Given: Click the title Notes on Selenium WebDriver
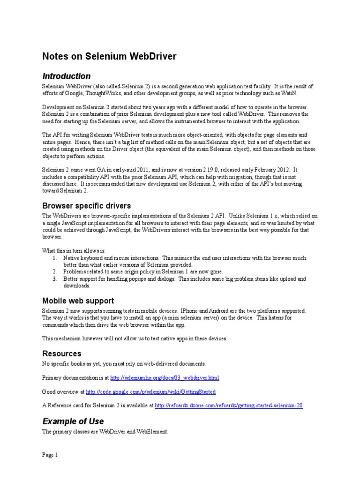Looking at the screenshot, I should [109, 57].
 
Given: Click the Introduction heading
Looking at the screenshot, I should [67, 76].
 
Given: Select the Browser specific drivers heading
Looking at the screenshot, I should [87, 205].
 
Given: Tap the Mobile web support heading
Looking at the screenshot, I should [78, 300].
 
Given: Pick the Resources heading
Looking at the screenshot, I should [62, 353].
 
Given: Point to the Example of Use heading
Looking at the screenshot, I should [73, 421].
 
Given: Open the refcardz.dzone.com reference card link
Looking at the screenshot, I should [229, 405].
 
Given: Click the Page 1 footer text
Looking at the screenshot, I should [50, 455].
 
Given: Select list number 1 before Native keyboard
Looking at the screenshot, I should [55, 258].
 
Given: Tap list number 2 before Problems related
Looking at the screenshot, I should [55, 271].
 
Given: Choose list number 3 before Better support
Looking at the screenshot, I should [55, 278].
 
